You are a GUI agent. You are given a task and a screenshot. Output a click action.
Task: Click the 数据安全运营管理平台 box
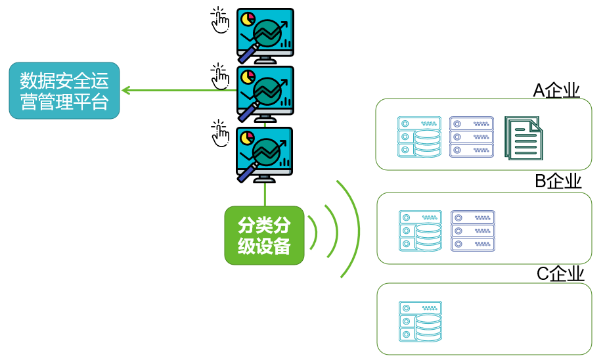[64, 91]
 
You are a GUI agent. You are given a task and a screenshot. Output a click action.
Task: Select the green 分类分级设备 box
[264, 235]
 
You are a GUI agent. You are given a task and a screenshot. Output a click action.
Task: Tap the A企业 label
[556, 90]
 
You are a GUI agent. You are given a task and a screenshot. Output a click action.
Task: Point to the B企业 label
[558, 181]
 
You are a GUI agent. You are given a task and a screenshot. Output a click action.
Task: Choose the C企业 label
[560, 273]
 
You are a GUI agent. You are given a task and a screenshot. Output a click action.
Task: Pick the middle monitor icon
[265, 93]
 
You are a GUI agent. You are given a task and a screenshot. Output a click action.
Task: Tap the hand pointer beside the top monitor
[219, 20]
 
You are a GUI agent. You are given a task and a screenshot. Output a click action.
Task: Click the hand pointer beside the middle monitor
[219, 77]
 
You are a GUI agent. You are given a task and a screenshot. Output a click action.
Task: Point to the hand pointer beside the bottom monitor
[219, 134]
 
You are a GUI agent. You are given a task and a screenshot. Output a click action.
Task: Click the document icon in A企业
[524, 137]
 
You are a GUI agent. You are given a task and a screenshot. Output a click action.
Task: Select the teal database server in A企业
[419, 137]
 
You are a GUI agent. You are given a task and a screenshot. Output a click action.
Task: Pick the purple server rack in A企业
[472, 137]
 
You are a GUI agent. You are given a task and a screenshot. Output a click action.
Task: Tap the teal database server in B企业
[420, 231]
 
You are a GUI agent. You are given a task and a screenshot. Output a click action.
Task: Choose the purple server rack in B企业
[473, 231]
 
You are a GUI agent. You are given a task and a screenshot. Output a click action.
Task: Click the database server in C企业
[420, 321]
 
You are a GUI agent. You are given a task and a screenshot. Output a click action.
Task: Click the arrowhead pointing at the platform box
[125, 90]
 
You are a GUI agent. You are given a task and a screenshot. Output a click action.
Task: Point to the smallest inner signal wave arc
[315, 233]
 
